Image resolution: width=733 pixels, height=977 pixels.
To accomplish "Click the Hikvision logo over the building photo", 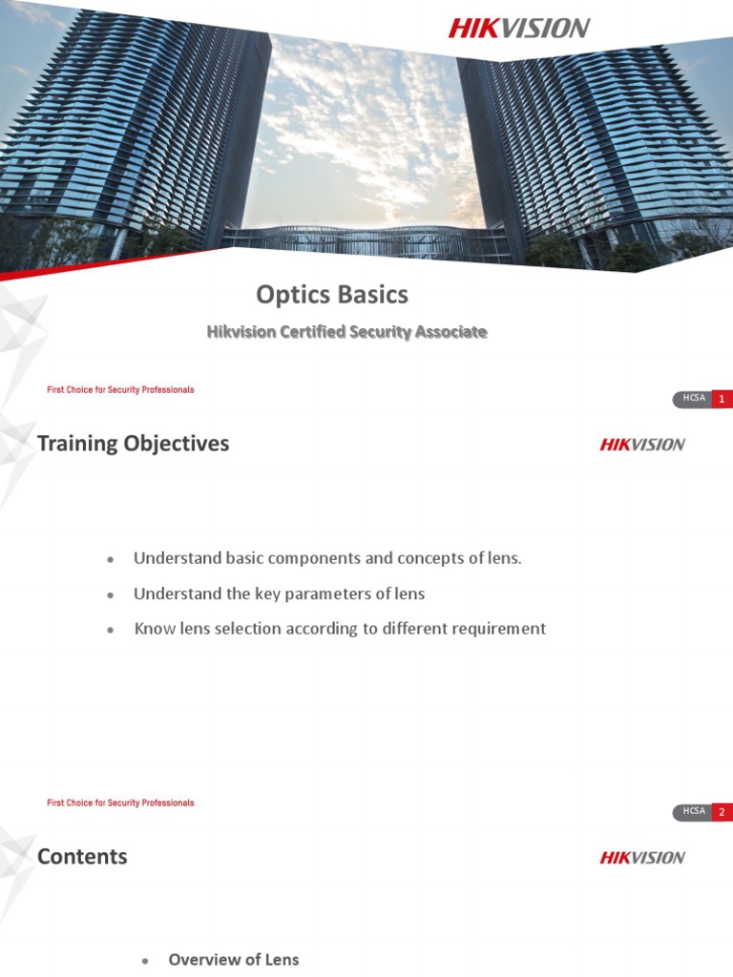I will pos(519,28).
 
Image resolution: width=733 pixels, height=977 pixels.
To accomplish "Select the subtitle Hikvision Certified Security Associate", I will pos(346,332).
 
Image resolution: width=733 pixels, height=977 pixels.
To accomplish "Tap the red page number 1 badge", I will pos(722,399).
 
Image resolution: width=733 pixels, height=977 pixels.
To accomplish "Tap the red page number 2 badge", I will pos(722,812).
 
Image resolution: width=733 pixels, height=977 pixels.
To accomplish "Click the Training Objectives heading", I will pos(133,443).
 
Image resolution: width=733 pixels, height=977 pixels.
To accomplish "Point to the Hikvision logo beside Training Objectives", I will pos(642,444).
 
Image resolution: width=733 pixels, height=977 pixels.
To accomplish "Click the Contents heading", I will pos(82,856).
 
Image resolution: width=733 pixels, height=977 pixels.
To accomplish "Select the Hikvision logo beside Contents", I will pos(642,857).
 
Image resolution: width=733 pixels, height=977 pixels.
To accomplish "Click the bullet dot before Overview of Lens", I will pos(146,961).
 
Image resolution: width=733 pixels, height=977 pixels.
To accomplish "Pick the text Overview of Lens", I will pos(234,960).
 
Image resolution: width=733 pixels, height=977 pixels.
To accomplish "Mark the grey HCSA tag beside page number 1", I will pos(693,399).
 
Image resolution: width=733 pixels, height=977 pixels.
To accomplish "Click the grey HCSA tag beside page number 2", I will pos(693,812).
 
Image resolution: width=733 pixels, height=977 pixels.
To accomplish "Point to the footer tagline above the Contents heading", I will pos(120,803).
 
